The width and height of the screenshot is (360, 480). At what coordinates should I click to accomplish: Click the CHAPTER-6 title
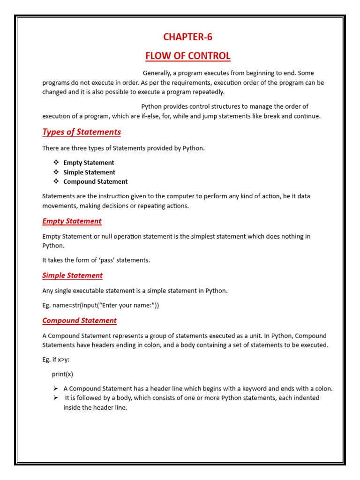187,37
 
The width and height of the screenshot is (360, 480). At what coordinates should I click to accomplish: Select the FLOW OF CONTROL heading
187,56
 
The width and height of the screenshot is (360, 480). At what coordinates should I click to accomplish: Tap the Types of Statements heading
82,132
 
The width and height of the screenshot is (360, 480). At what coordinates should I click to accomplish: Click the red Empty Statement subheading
72,221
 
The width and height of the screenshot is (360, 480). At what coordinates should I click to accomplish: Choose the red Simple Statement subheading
72,275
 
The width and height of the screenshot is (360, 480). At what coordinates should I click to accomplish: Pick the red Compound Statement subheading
79,321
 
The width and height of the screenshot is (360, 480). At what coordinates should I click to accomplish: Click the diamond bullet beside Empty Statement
56,163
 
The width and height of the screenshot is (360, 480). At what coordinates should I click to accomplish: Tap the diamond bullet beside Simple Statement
56,172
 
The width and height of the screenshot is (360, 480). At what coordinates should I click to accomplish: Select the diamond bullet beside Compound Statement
56,181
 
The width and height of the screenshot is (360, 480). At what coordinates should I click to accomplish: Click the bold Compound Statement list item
95,182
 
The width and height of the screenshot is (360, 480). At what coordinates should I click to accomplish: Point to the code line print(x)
62,374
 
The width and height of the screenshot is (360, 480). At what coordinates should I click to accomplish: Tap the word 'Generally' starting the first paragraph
157,73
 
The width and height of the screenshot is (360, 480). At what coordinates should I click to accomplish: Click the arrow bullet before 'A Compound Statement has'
56,389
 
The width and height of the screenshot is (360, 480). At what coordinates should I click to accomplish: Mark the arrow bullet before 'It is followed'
56,398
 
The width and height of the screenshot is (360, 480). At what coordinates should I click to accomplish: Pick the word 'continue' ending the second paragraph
307,116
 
